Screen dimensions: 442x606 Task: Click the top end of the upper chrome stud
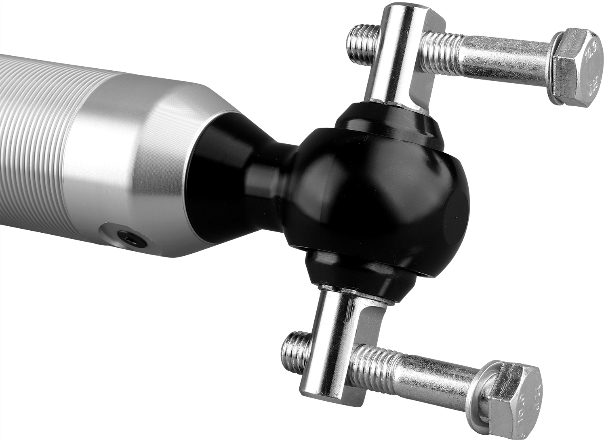(x=404, y=10)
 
